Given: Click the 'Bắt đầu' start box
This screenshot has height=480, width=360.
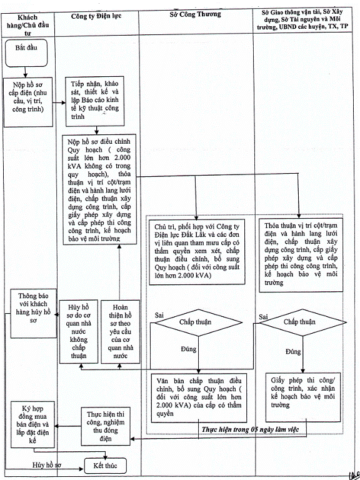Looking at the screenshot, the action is pyautogui.click(x=26, y=53).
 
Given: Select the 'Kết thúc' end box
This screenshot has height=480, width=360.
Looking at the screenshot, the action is pyautogui.click(x=105, y=466).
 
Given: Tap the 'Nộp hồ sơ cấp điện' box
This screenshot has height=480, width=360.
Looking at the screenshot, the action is pyautogui.click(x=28, y=102).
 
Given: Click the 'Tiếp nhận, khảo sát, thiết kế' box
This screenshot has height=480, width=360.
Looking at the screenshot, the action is pyautogui.click(x=95, y=101).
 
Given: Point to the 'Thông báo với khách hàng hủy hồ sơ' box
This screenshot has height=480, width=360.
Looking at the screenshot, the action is pyautogui.click(x=34, y=313).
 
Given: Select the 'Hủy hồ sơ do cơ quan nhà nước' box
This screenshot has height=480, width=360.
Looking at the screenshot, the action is pyautogui.click(x=79, y=331).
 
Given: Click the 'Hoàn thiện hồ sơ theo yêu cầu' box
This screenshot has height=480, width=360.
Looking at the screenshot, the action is pyautogui.click(x=120, y=331).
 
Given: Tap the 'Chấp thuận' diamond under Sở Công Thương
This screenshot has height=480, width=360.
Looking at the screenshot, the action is pyautogui.click(x=196, y=322).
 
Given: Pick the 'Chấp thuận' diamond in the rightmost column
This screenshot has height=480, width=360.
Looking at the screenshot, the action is pyautogui.click(x=301, y=322).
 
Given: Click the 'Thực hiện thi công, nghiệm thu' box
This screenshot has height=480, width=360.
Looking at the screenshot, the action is pyautogui.click(x=106, y=426).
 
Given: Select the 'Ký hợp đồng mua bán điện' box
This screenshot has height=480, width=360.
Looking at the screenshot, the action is pyautogui.click(x=32, y=424).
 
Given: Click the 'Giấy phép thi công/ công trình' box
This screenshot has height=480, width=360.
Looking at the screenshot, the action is pyautogui.click(x=303, y=397).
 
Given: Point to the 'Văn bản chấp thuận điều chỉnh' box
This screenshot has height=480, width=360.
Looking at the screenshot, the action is pyautogui.click(x=199, y=398).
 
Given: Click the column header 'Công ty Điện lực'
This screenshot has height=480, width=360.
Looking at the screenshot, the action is pyautogui.click(x=96, y=16).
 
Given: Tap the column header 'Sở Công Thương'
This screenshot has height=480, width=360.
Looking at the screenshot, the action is pyautogui.click(x=195, y=14).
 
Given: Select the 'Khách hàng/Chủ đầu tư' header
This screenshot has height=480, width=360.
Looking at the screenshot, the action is pyautogui.click(x=28, y=25).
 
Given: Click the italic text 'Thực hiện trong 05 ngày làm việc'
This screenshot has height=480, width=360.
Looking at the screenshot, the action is pyautogui.click(x=250, y=429).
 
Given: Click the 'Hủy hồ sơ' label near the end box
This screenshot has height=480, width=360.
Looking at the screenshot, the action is pyautogui.click(x=47, y=465).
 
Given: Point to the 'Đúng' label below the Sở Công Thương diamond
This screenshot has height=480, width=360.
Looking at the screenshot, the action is pyautogui.click(x=189, y=349).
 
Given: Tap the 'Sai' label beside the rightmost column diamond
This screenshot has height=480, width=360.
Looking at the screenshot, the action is pyautogui.click(x=263, y=317).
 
